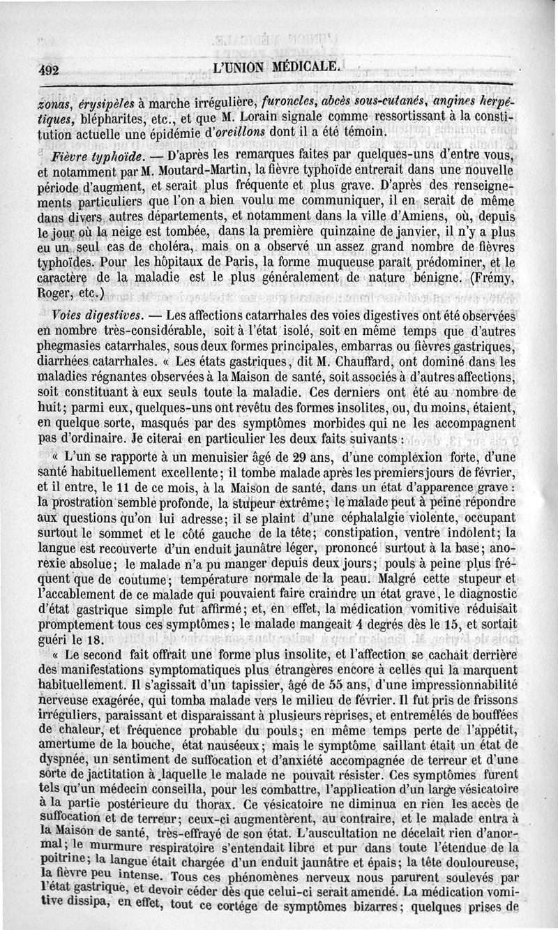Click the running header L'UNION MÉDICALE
[276, 67]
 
